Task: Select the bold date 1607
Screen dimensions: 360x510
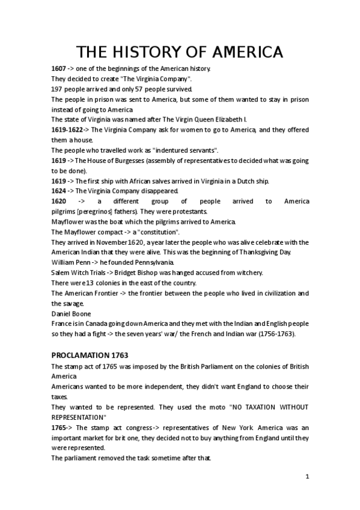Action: click(x=59, y=69)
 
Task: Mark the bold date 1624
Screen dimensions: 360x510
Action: click(x=59, y=191)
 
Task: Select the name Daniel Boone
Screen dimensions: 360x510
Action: click(x=71, y=313)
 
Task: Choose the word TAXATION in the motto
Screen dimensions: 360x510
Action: click(x=239, y=407)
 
